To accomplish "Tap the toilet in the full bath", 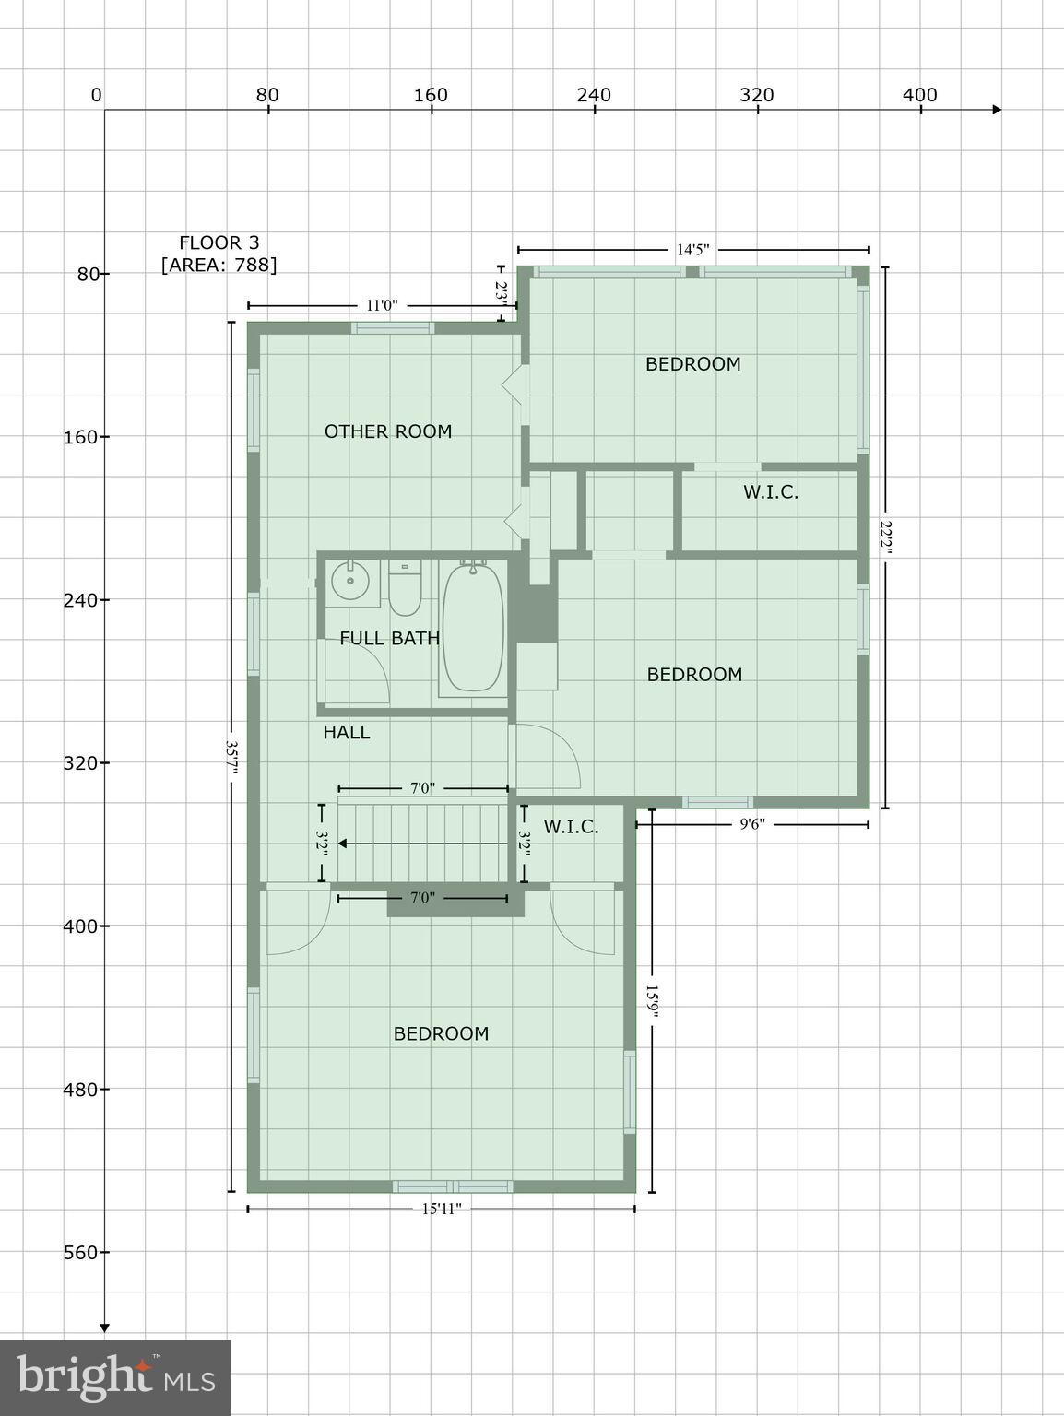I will click(405, 589).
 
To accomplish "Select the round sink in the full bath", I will click(349, 583).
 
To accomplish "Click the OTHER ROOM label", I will click(388, 431).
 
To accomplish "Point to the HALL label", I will click(347, 733).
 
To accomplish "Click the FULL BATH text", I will click(389, 638).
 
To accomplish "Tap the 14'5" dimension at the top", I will click(693, 250).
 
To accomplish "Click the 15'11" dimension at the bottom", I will click(442, 1209).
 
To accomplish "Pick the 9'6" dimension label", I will click(752, 824).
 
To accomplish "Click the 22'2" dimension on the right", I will click(885, 537).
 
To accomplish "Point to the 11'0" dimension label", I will click(382, 306).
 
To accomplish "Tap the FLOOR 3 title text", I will click(219, 243).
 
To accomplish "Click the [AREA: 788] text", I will click(219, 265).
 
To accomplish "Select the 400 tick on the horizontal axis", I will click(920, 96).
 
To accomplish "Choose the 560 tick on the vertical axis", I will click(86, 1253).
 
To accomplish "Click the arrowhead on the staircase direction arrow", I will click(342, 843).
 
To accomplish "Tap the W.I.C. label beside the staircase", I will click(571, 827).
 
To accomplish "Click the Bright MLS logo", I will click(115, 1377).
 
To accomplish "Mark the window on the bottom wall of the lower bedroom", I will click(452, 1186).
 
